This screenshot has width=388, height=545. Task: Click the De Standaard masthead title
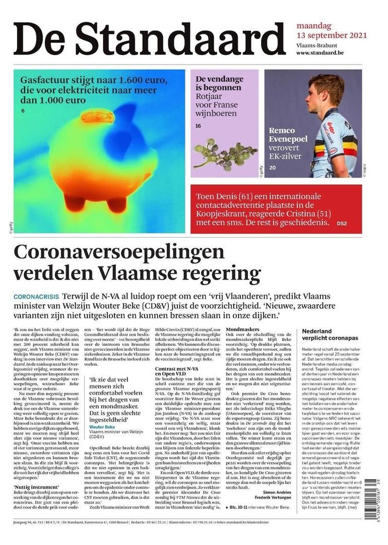click(149, 39)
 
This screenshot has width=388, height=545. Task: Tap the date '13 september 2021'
click(331, 36)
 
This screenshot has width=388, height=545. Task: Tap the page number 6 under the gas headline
click(23, 111)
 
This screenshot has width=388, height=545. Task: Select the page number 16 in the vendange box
click(199, 126)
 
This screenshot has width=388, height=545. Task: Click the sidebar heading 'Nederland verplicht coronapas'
click(330, 335)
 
